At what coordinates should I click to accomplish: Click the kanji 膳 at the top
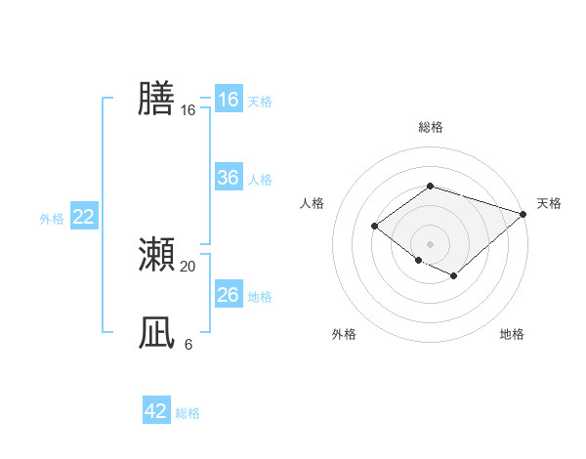point(156,99)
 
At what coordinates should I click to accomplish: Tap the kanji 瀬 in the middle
point(156,255)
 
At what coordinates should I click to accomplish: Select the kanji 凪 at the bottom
point(156,333)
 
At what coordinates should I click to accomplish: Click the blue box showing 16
point(229,100)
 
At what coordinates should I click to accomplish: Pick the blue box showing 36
point(229,178)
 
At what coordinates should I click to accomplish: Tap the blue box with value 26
point(229,295)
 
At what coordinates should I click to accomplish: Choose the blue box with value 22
point(84,217)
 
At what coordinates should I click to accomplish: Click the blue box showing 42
point(156,411)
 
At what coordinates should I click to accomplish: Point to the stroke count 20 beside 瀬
point(188,266)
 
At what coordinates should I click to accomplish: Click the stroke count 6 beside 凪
point(188,344)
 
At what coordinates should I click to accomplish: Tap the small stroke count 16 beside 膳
point(188,110)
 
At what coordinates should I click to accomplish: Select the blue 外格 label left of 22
point(52,219)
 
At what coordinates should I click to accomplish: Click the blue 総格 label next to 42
point(188,413)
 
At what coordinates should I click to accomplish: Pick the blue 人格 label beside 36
point(260,180)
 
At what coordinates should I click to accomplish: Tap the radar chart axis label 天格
point(549,203)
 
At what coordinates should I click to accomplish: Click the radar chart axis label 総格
point(430,127)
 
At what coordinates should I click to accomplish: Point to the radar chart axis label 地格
point(512,334)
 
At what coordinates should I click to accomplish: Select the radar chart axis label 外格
point(344,334)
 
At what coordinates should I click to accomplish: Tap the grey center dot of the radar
point(430,243)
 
